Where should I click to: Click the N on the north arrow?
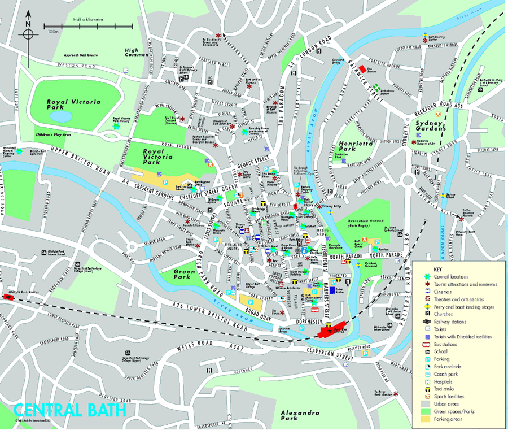tap(27, 24)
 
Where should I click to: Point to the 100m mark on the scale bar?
tap(54, 32)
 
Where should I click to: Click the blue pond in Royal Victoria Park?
tap(60, 116)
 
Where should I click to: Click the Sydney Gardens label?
tap(432, 125)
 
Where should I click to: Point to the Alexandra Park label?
tap(300, 416)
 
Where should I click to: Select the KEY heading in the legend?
tap(438, 269)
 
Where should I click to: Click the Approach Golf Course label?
tap(82, 55)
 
